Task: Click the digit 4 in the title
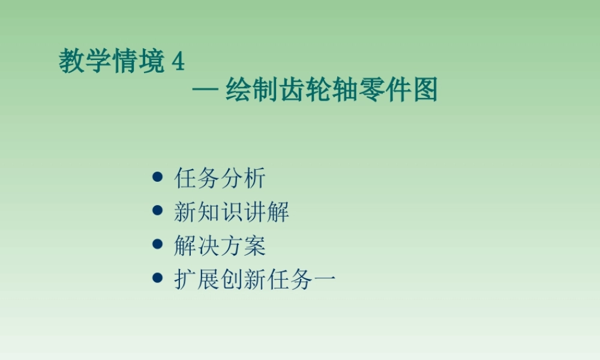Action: point(178,62)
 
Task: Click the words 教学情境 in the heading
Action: point(112,61)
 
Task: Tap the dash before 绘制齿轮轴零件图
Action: point(205,91)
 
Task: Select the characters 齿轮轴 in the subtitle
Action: point(319,91)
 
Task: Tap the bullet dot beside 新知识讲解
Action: point(158,211)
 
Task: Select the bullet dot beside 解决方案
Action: point(158,244)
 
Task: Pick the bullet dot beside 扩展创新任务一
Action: point(158,278)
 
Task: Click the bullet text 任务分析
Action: point(220,178)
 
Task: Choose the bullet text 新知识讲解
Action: point(232,212)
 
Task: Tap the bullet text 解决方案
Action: point(220,245)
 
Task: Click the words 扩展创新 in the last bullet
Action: point(220,279)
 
